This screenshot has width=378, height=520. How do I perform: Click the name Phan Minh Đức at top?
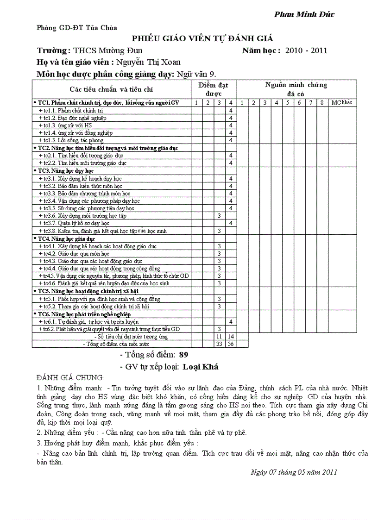[x=304, y=14]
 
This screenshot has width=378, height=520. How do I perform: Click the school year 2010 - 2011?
[x=306, y=50]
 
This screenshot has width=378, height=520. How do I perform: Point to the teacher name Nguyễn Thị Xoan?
[x=148, y=62]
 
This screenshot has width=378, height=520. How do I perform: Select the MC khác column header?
[x=342, y=102]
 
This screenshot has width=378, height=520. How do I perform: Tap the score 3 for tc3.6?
[x=219, y=216]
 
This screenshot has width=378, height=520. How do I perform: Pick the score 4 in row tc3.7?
[x=231, y=223]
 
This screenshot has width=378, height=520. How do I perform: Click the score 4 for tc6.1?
[x=231, y=321]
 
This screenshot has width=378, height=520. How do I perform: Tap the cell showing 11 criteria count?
[x=219, y=337]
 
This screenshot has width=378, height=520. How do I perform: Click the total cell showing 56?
[x=231, y=344]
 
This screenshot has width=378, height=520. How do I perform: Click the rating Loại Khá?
[x=200, y=367]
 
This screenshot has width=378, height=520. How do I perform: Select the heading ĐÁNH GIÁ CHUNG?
[x=70, y=377]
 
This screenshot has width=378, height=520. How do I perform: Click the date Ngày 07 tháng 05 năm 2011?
[x=293, y=472]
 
